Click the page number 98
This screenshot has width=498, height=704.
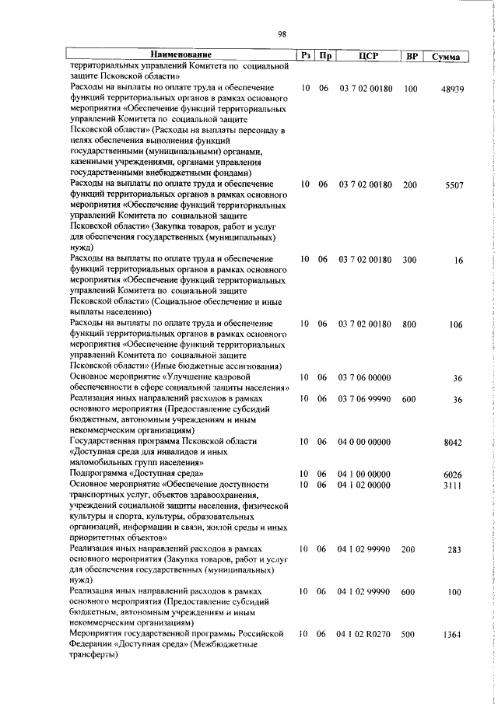282,33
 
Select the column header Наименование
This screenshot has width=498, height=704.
181,55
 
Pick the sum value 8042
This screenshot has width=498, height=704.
453,442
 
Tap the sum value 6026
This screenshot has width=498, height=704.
453,474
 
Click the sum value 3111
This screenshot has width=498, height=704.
453,484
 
